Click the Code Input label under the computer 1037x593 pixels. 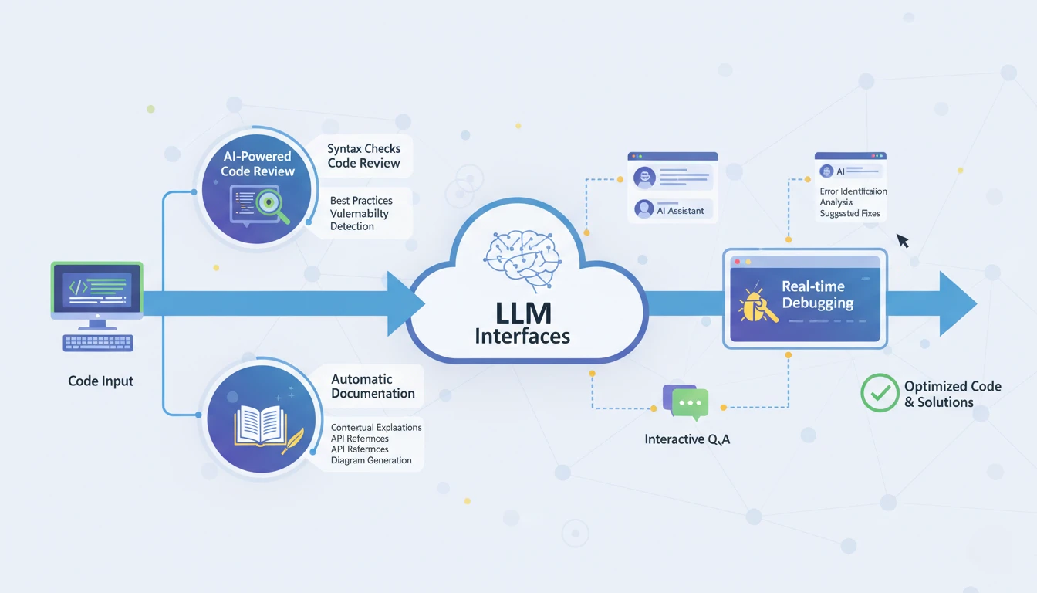tap(100, 381)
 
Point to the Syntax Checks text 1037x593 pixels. tap(363, 148)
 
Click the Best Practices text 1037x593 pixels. tap(361, 200)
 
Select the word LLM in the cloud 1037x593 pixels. tap(523, 313)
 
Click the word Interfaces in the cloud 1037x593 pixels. tap(522, 337)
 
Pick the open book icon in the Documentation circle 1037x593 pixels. tap(259, 426)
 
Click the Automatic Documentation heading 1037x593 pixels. tap(373, 386)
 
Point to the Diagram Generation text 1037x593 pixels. tap(371, 460)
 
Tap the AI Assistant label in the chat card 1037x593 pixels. tap(681, 210)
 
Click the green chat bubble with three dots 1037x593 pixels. tap(690, 404)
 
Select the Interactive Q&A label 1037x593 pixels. tap(687, 439)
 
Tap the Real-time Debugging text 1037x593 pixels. tap(817, 295)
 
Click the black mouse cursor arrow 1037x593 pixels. tap(902, 241)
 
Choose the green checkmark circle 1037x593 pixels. tap(879, 392)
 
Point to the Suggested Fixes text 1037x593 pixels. tap(850, 214)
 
